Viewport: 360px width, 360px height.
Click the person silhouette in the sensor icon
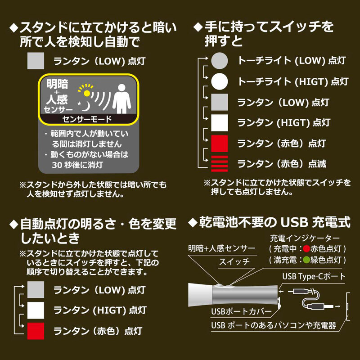pyautogui.click(x=121, y=99)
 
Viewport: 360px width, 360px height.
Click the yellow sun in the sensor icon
pyautogui.click(x=86, y=93)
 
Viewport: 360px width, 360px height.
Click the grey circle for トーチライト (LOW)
pyautogui.click(x=220, y=61)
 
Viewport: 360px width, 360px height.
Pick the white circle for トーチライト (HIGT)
pyautogui.click(x=220, y=81)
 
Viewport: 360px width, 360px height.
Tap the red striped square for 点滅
pyautogui.click(x=220, y=164)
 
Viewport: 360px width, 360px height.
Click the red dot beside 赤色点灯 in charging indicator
pyautogui.click(x=306, y=249)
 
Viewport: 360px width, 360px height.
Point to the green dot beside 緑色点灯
pyautogui.click(x=306, y=260)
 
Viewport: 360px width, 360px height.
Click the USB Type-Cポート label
pyautogui.click(x=314, y=276)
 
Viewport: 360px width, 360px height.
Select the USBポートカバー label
pyautogui.click(x=241, y=311)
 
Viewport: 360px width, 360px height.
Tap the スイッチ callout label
pyautogui.click(x=234, y=262)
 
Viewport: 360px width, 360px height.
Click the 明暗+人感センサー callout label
pyautogui.click(x=221, y=248)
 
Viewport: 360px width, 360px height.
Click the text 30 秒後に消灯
pyautogui.click(x=77, y=165)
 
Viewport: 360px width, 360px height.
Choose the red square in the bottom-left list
pyautogui.click(x=36, y=331)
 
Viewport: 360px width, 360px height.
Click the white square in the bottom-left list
pyautogui.click(x=36, y=310)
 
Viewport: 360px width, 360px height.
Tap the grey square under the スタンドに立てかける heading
pyautogui.click(x=36, y=61)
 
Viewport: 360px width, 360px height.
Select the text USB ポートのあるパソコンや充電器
pyautogui.click(x=274, y=325)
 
